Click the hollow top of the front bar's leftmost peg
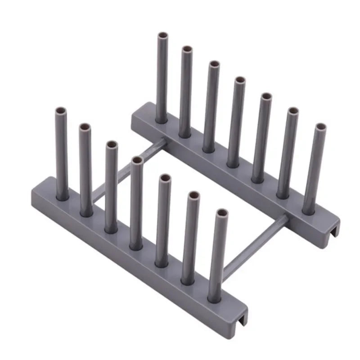(61, 110)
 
